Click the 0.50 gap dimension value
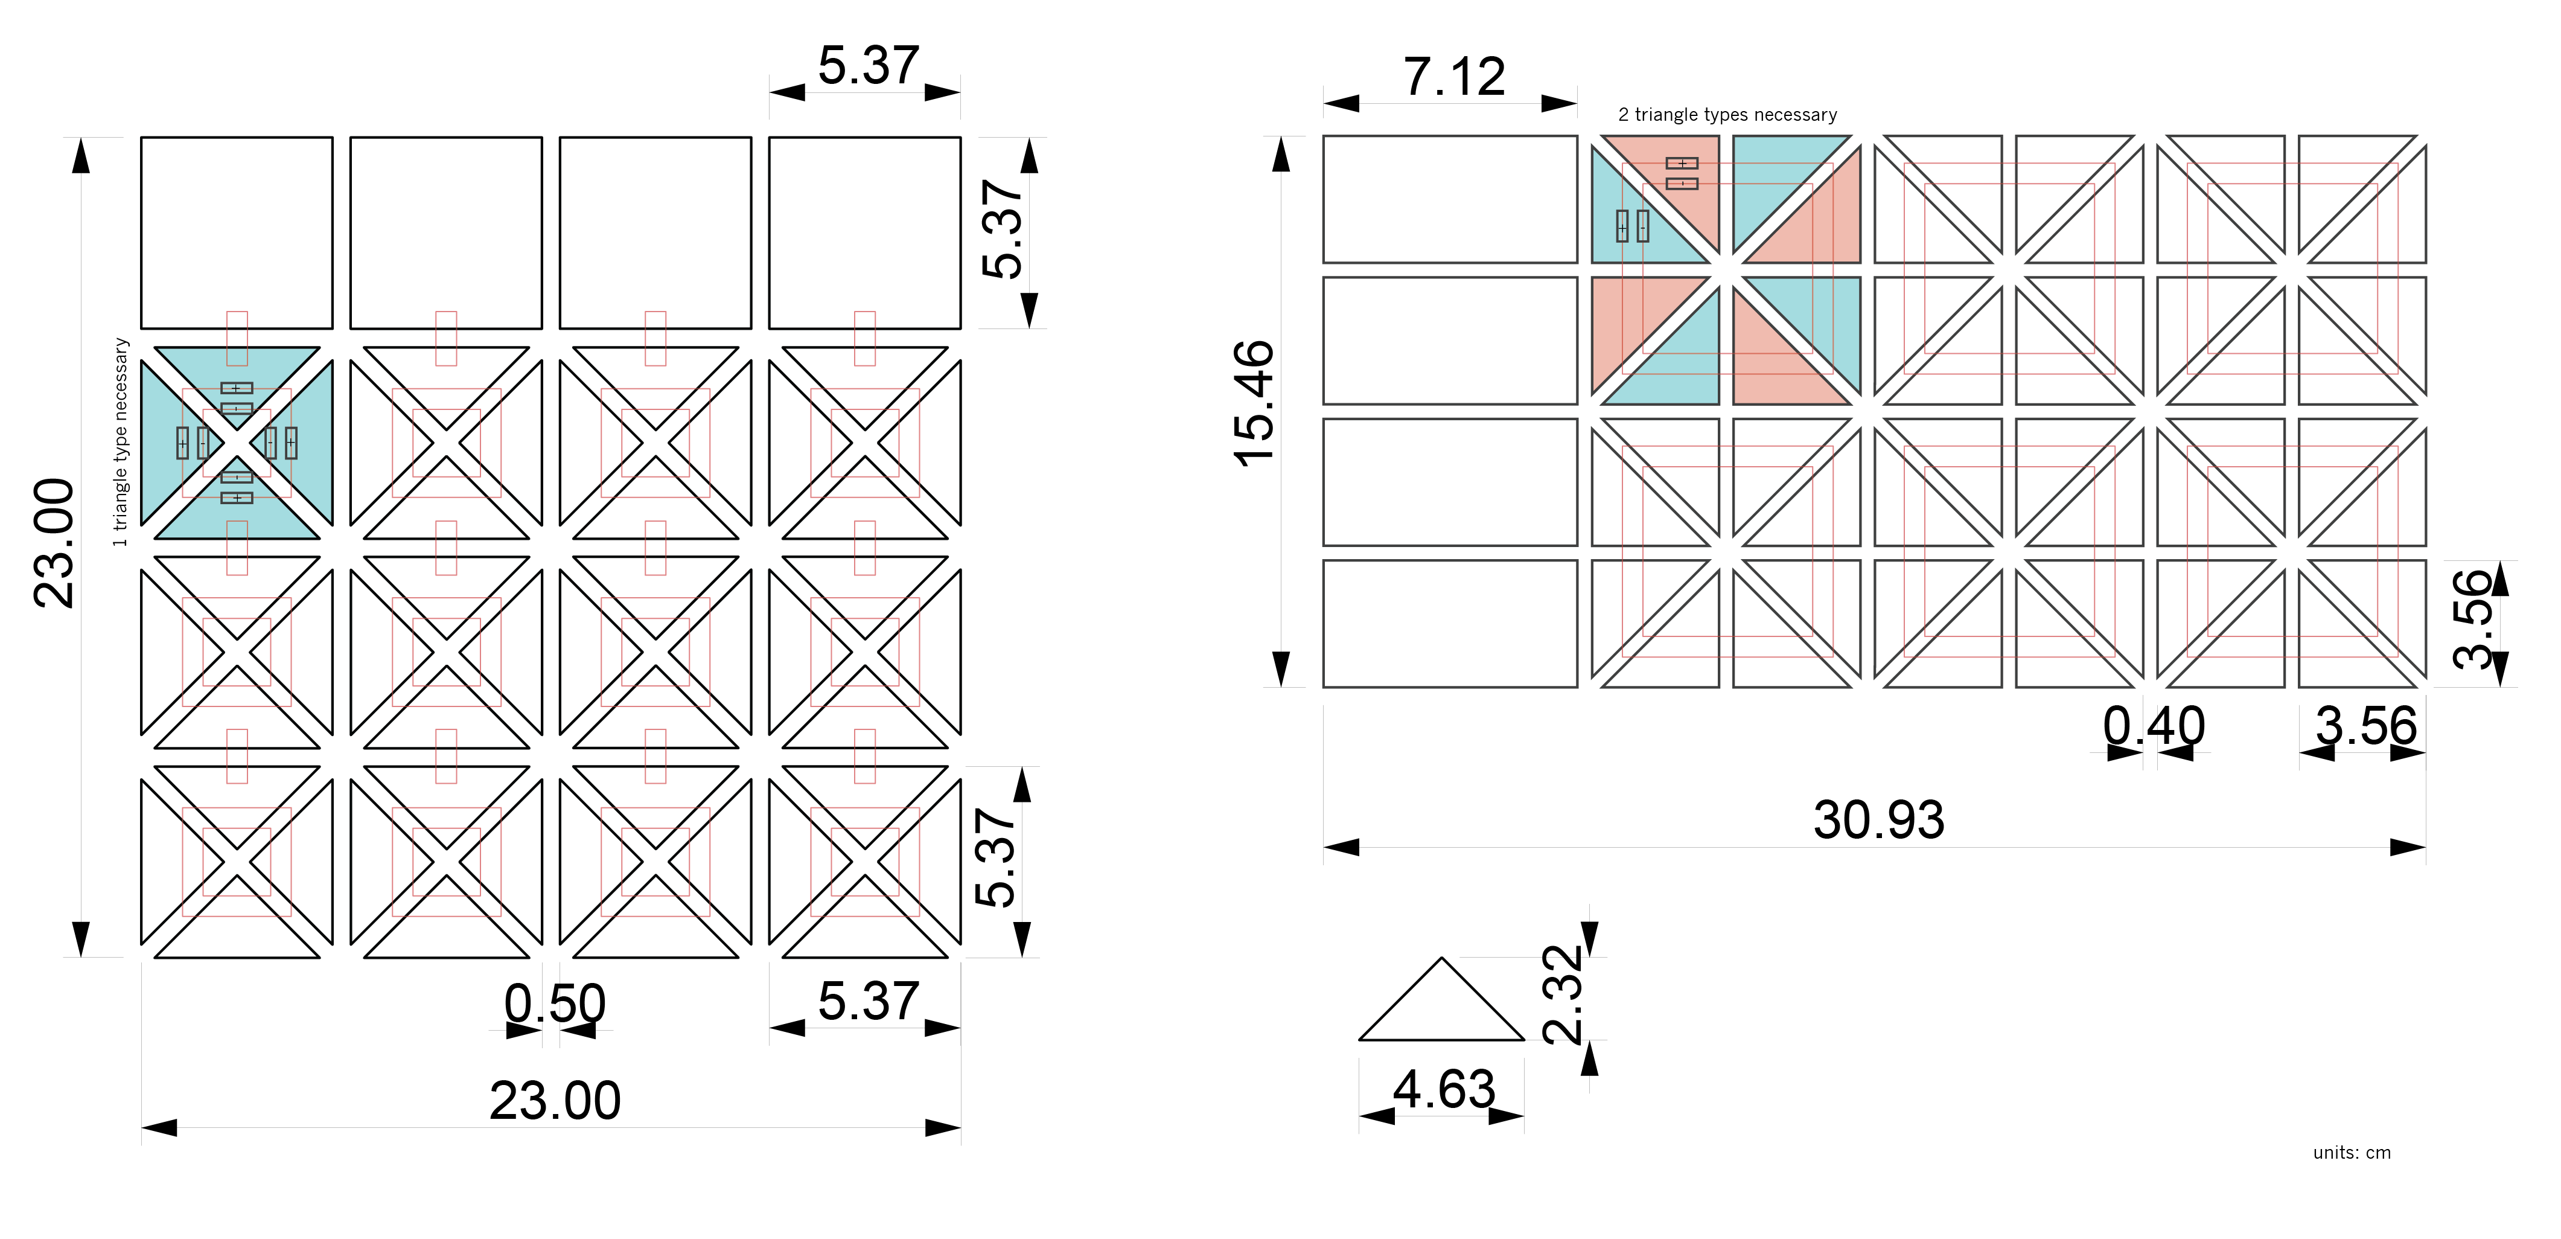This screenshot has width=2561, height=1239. pos(555,1004)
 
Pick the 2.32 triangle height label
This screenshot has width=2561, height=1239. pos(1562,994)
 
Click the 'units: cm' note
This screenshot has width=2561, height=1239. pos(2351,1153)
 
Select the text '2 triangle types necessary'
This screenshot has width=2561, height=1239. pos(1728,114)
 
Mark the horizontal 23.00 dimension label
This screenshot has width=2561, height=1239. pos(555,1101)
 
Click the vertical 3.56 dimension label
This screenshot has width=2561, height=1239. pos(2473,618)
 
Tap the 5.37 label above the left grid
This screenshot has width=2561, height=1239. pos(868,66)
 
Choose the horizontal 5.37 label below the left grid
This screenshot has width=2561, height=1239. pos(868,1001)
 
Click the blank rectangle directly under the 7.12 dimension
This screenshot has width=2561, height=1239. pos(1450,199)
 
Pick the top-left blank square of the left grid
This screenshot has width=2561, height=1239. pos(237,232)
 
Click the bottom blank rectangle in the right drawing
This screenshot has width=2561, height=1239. pos(1450,624)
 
